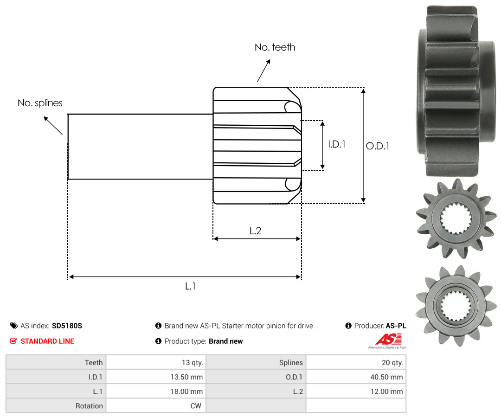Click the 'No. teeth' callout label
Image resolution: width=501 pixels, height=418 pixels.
(x=275, y=47)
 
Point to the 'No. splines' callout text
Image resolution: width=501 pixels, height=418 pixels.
(x=40, y=103)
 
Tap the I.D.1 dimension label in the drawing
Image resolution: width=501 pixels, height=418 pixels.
(x=337, y=144)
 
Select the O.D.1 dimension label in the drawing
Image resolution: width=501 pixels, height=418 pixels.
(x=378, y=146)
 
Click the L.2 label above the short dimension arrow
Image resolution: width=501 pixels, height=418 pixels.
(x=255, y=231)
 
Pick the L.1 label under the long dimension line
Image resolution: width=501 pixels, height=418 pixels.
(x=191, y=286)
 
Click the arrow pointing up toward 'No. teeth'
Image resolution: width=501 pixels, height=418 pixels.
(x=263, y=71)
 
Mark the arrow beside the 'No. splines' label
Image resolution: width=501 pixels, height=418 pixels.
(x=53, y=125)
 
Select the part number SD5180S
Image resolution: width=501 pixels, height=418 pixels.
(x=67, y=326)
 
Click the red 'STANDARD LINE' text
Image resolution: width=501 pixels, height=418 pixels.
(x=47, y=341)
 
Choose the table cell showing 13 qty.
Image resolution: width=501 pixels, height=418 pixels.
(x=156, y=362)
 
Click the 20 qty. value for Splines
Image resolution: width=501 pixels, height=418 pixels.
(x=356, y=362)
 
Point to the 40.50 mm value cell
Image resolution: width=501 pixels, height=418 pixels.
(x=356, y=377)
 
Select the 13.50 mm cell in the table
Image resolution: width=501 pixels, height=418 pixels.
(x=156, y=377)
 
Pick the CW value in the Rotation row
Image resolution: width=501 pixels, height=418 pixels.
(x=156, y=405)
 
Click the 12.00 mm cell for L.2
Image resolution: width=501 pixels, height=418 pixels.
(x=356, y=391)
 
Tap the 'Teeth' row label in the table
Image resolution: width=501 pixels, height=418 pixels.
(x=94, y=362)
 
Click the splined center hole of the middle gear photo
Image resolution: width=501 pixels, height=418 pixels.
(x=456, y=219)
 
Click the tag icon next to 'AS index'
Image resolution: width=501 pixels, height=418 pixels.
(x=14, y=326)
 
